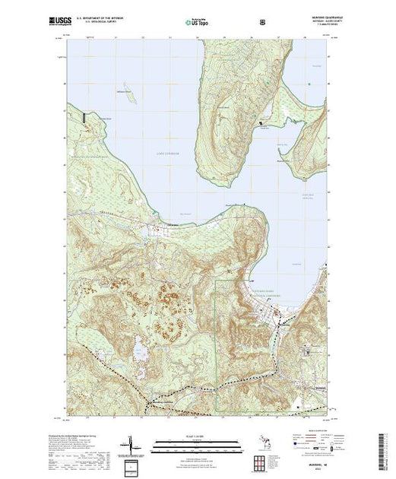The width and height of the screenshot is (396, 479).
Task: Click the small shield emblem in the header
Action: pyautogui.click(x=262, y=21)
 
